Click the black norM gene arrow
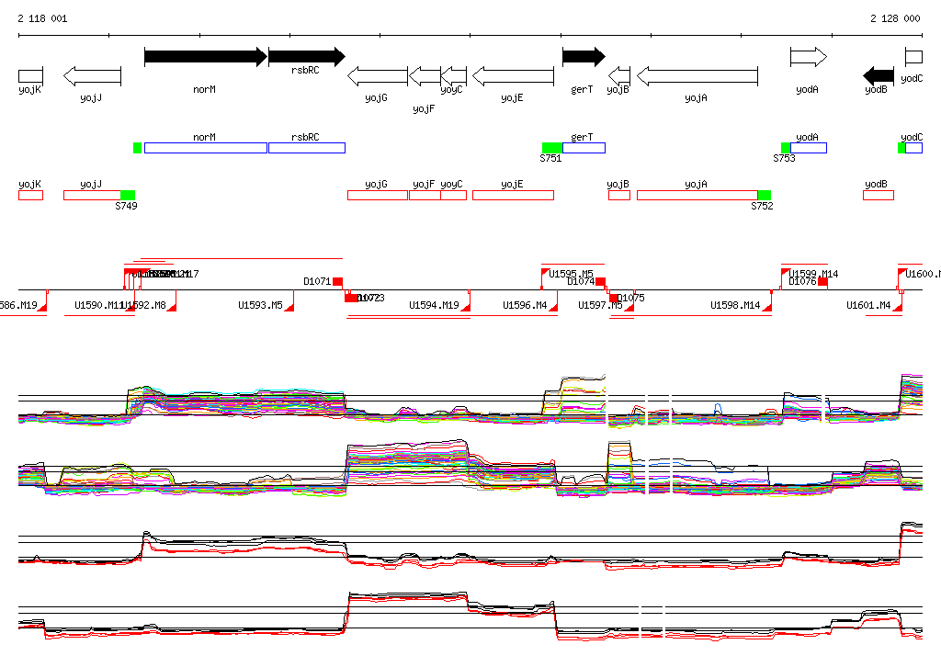(x=205, y=57)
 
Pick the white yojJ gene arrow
(x=92, y=75)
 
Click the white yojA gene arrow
(x=697, y=75)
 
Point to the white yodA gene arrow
(x=809, y=57)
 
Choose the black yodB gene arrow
(x=879, y=75)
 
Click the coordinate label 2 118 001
(x=42, y=18)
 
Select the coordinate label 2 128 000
(x=895, y=18)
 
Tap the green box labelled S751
(x=551, y=148)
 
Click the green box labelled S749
(x=128, y=195)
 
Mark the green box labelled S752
(x=765, y=195)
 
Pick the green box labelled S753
(x=786, y=148)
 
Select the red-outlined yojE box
(x=513, y=195)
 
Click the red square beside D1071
(x=337, y=281)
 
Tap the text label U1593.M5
(x=260, y=305)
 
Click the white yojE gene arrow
(x=513, y=75)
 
